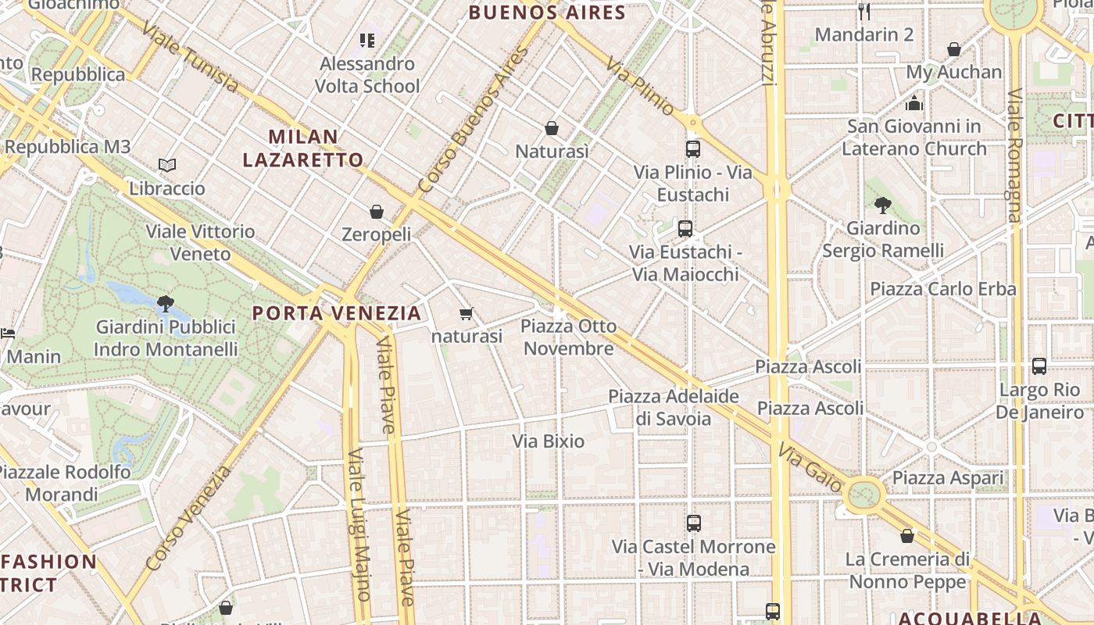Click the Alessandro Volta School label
tap(367, 75)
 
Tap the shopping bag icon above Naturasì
tap(552, 127)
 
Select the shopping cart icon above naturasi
tap(467, 314)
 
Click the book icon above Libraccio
tap(167, 165)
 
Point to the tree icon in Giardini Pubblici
tap(165, 303)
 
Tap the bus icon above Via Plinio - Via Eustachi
tap(692, 148)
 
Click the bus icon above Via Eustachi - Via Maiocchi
tap(685, 229)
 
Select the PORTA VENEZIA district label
tap(337, 313)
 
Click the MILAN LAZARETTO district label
tap(303, 148)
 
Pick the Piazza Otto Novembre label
tap(569, 337)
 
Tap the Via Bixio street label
tap(549, 441)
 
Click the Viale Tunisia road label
tap(190, 56)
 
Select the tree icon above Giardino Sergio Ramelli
tap(883, 205)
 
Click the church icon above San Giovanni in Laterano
tap(914, 103)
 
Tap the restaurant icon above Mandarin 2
tap(864, 11)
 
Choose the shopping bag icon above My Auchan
tap(954, 49)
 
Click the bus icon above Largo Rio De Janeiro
tap(1039, 366)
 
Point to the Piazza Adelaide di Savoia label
tap(674, 407)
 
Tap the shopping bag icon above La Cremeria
tap(907, 536)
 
